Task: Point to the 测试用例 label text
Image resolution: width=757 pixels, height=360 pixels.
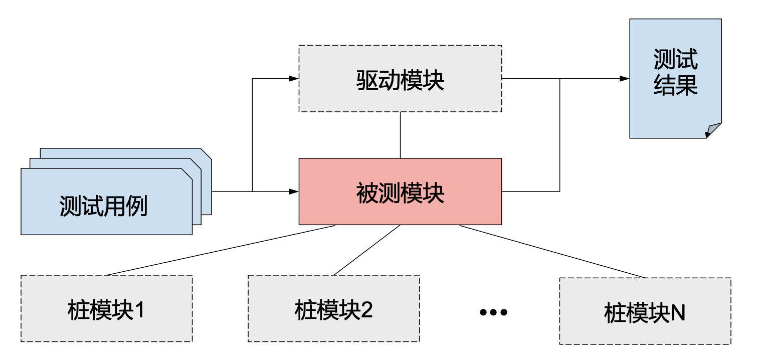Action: coord(104,206)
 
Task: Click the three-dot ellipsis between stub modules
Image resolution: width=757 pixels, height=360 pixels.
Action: coord(493,312)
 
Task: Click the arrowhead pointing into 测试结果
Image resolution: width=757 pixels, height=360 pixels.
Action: coord(624,79)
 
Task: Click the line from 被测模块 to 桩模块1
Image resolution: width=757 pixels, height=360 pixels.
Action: coord(221,251)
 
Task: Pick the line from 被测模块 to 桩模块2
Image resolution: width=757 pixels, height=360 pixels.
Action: coord(367,250)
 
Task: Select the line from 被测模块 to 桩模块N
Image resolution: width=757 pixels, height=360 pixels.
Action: coord(551,251)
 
